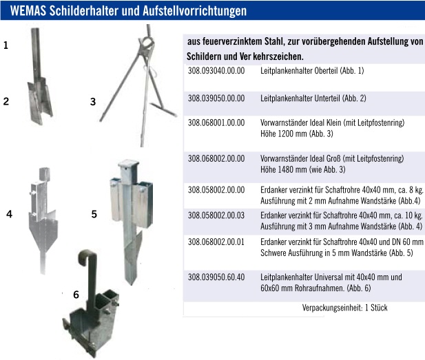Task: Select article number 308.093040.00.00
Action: coord(216,71)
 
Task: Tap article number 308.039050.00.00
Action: coord(216,98)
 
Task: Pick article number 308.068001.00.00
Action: coord(216,123)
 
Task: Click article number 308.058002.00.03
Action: coord(216,215)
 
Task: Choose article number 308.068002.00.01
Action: coord(216,242)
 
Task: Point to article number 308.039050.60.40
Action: coord(216,277)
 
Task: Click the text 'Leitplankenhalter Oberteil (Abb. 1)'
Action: coord(312,71)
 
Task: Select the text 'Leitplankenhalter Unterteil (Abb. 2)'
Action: coord(313,98)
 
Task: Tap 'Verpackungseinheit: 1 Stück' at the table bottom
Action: coord(345,308)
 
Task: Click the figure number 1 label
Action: coord(6,45)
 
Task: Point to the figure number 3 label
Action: coord(93,102)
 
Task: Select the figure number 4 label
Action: coord(9,214)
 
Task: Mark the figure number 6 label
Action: coord(76,295)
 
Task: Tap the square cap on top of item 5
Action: coord(129,163)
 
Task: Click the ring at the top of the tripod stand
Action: coord(147,43)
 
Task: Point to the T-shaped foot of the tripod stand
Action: coord(163,109)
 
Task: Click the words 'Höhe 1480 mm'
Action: coord(284,169)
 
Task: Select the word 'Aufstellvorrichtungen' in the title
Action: coord(195,11)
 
